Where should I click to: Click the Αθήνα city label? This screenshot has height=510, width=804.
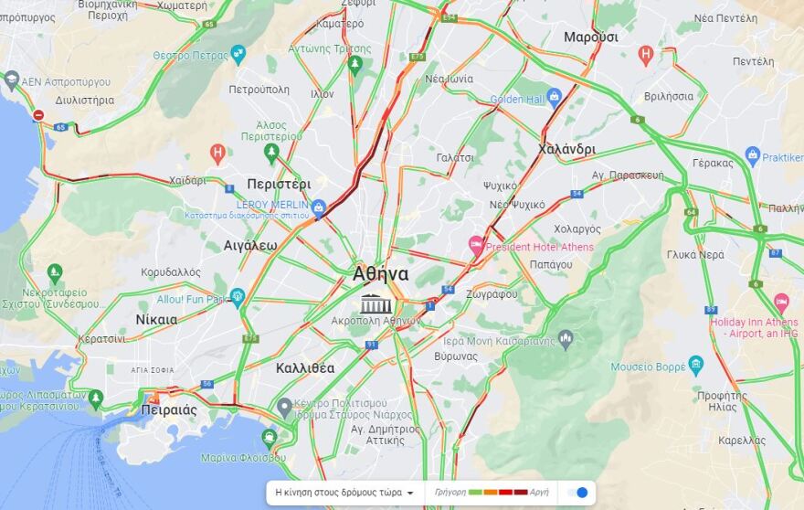point(381,274)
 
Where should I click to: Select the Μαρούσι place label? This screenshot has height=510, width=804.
point(590,37)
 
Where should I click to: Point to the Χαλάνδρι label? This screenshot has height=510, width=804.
point(566,149)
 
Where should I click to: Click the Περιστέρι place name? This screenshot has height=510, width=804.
point(279,184)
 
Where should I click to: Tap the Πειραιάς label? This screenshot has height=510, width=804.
point(169,409)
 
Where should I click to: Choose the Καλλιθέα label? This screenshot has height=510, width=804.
point(305,368)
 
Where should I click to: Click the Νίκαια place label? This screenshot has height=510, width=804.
point(156,320)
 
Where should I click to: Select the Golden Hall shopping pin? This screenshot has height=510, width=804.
point(554,100)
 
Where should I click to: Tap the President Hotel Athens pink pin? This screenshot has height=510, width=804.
point(476,245)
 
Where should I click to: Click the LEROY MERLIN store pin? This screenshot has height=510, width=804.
point(318,207)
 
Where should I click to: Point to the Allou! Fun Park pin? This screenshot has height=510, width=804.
point(238,297)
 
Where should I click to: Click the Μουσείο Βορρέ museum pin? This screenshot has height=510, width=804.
point(696,365)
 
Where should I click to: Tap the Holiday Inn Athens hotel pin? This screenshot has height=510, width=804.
point(781,302)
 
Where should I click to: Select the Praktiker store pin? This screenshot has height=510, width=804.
point(753,155)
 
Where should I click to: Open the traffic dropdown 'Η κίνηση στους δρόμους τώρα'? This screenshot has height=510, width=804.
point(344,492)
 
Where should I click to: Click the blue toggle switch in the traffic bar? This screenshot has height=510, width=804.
point(577,492)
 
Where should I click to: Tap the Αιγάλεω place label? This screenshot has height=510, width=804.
point(250,245)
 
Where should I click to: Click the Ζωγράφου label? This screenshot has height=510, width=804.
point(492,294)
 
